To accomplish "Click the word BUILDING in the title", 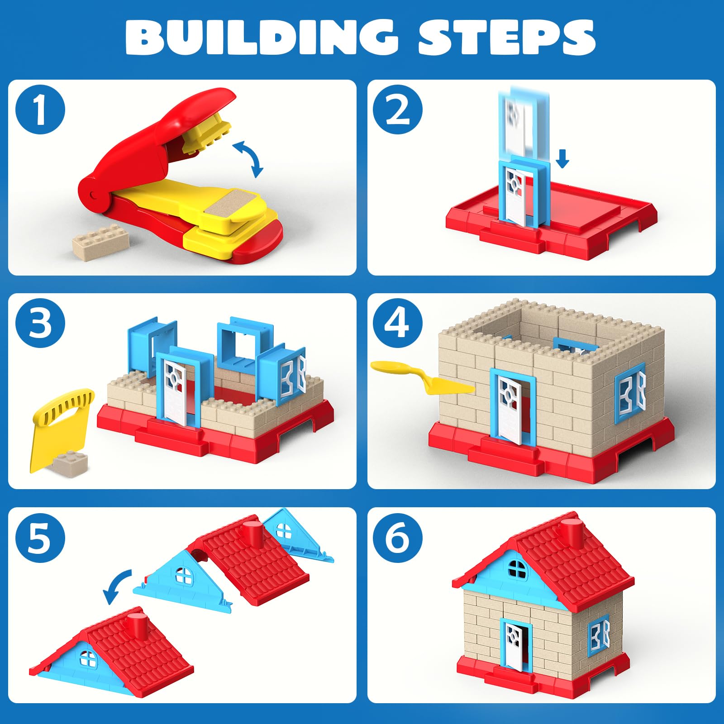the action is click(261, 38).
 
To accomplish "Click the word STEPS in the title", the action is click(507, 38).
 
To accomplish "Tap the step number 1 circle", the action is click(40, 110).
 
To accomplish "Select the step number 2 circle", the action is click(398, 110).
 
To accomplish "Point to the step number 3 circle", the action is click(40, 323).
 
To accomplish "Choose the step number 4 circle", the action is click(398, 323).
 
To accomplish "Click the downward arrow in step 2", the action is click(562, 159).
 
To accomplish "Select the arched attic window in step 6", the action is click(518, 569).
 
